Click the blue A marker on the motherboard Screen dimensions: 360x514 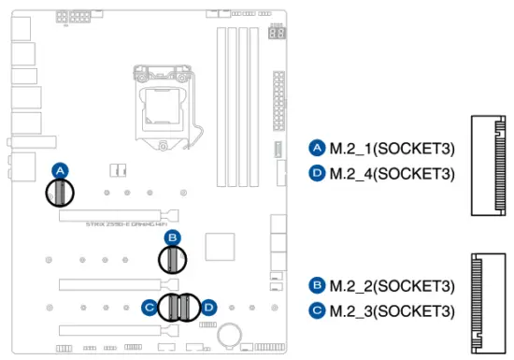point(60,170)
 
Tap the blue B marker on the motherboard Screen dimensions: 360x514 point(171,238)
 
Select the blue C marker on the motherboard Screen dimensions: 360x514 point(149,306)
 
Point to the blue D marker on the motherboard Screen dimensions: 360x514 point(209,306)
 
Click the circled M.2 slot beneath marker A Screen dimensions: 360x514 point(60,193)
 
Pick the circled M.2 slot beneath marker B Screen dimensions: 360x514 point(171,260)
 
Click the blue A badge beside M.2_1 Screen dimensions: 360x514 point(316,148)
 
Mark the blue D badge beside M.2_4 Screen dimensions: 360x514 point(316,173)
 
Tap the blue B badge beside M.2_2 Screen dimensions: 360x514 point(316,285)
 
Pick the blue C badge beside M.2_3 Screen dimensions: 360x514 point(316,310)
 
